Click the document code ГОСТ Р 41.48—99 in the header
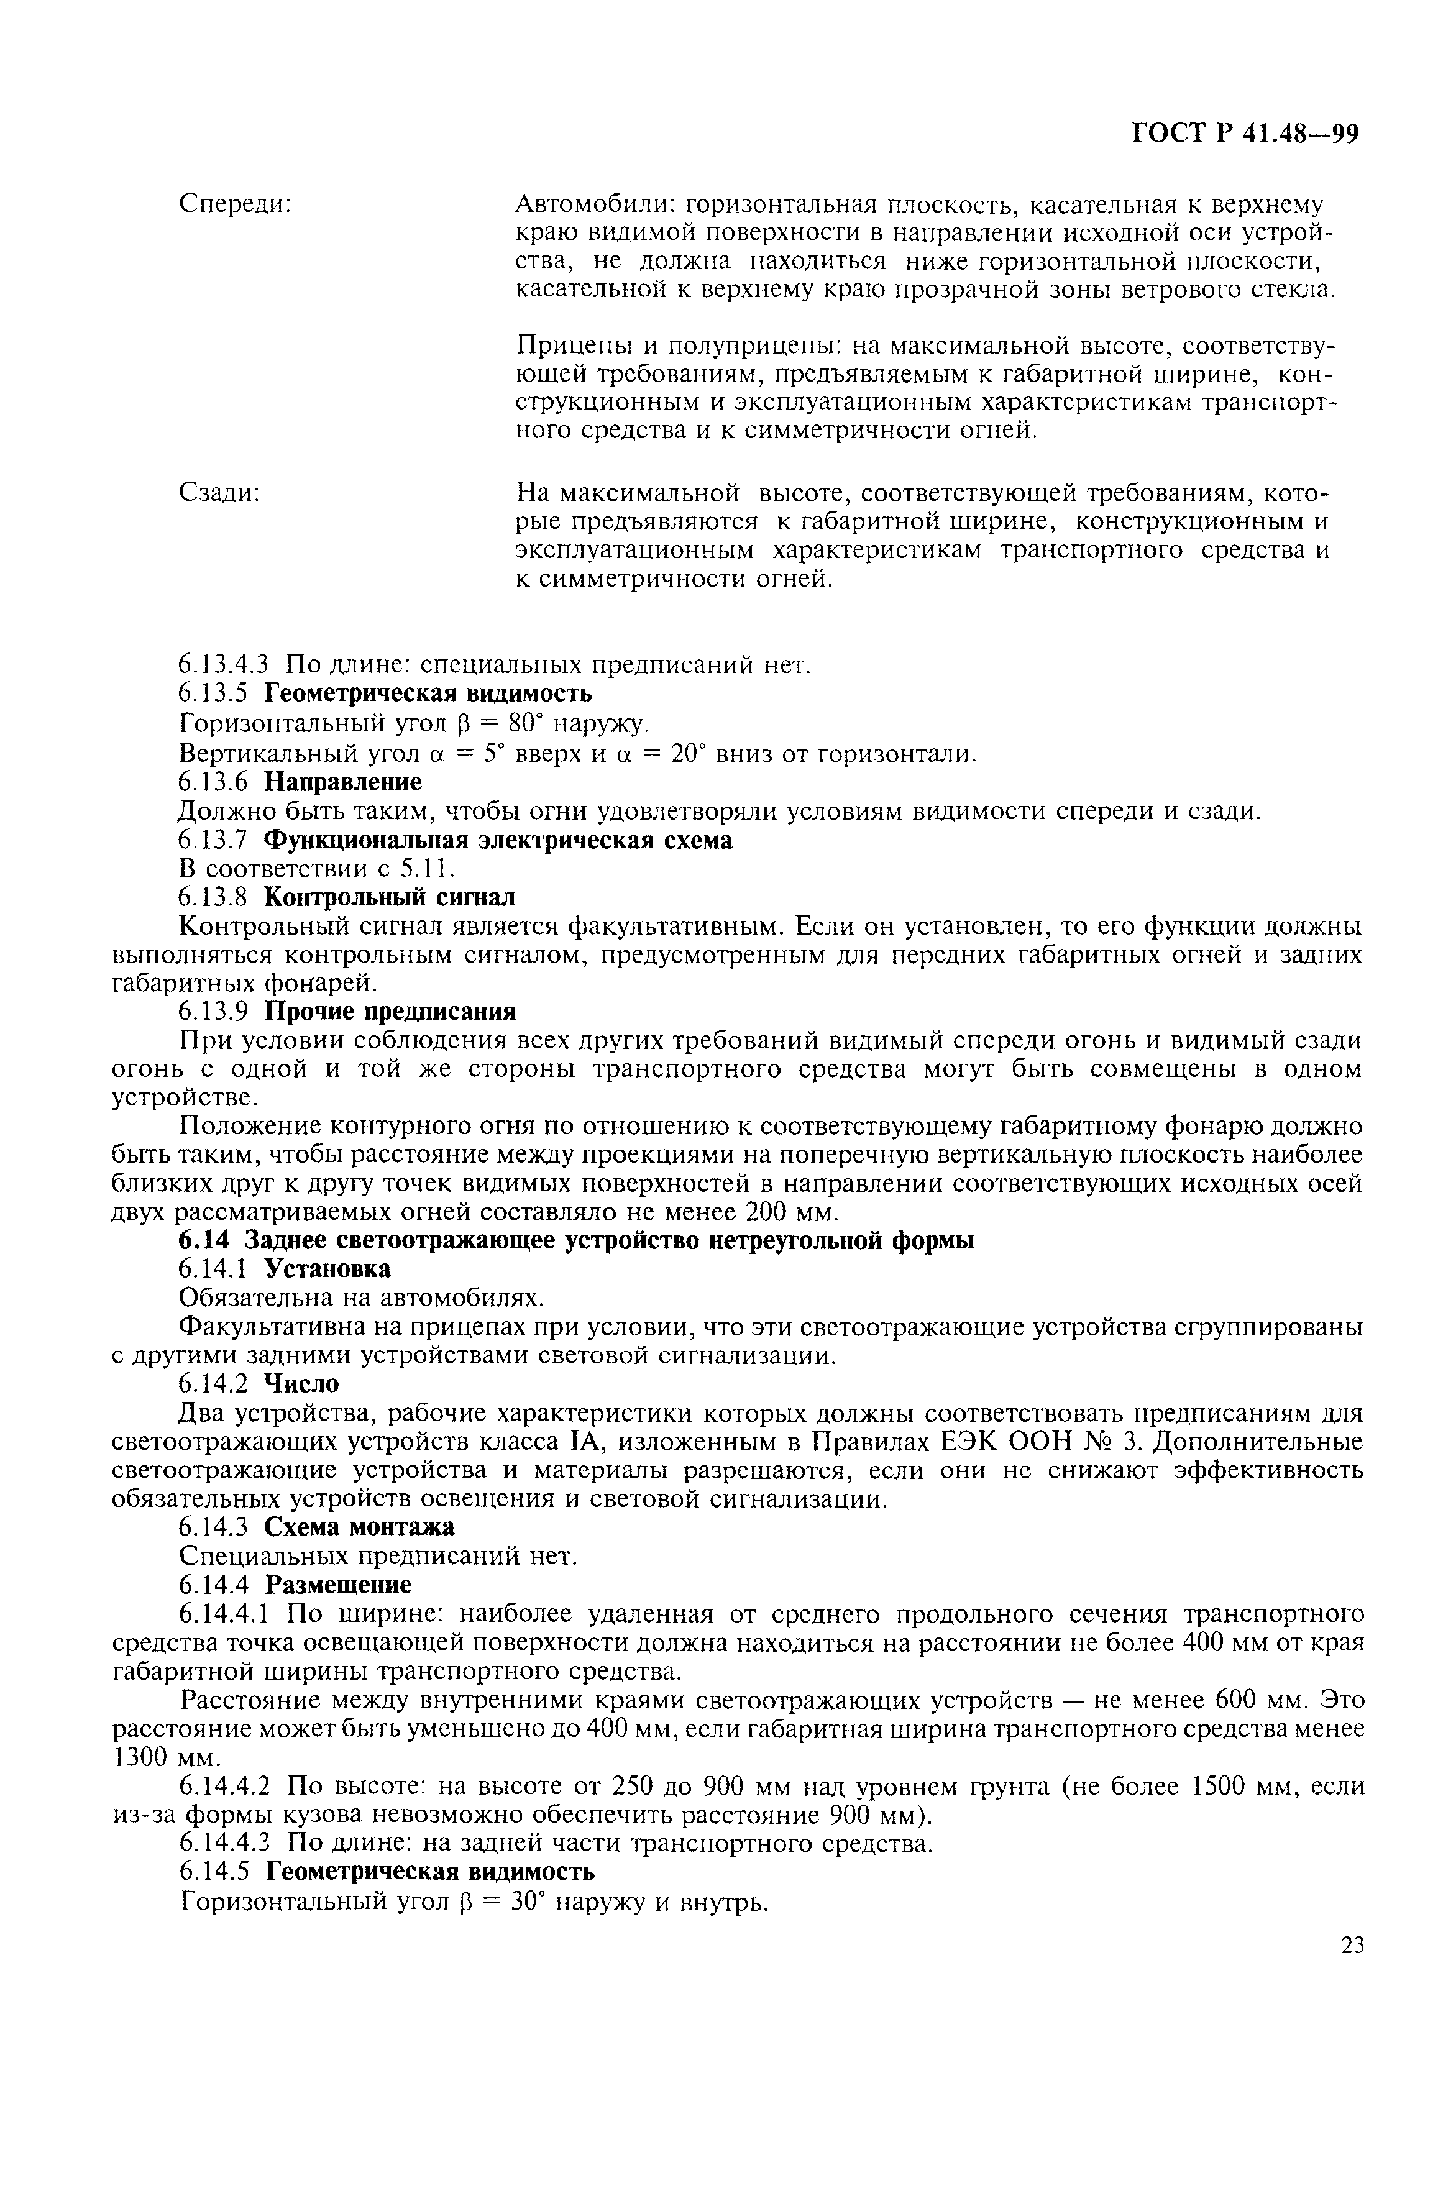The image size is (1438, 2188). [1244, 135]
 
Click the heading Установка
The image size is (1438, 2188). [327, 1270]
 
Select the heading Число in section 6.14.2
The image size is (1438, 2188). [301, 1385]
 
